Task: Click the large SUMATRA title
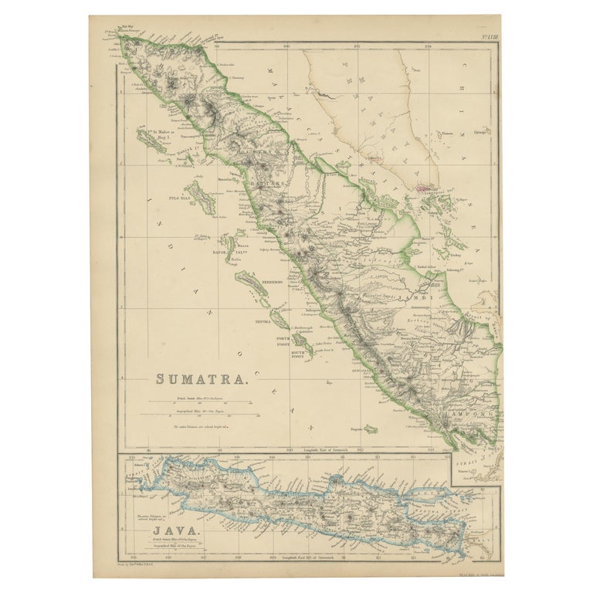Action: coord(203,379)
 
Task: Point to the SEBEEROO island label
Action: coord(269,282)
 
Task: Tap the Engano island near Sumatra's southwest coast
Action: coord(371,429)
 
